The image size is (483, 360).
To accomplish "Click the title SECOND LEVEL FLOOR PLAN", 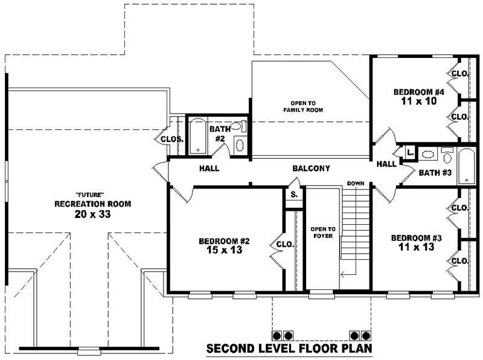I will click(289, 349).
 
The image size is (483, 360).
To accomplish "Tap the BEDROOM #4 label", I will click(418, 92).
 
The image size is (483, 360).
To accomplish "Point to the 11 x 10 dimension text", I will click(418, 101).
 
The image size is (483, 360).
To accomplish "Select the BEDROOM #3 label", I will click(416, 238).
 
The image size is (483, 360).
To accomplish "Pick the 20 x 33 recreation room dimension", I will click(92, 214).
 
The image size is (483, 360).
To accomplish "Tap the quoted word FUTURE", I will click(92, 194).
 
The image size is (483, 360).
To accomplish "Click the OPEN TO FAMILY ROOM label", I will click(304, 106).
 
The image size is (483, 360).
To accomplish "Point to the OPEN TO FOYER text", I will click(322, 232).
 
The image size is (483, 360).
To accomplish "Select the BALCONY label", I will click(311, 169).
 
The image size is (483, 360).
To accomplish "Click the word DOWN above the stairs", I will click(354, 183).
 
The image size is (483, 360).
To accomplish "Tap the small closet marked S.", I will click(294, 195).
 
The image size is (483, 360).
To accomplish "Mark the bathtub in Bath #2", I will click(197, 136).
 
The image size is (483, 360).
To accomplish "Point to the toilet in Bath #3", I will click(447, 156).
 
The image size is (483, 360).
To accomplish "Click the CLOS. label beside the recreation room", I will click(172, 140).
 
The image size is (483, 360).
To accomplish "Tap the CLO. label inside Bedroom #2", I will click(285, 245).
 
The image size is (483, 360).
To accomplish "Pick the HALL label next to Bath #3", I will click(386, 164).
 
